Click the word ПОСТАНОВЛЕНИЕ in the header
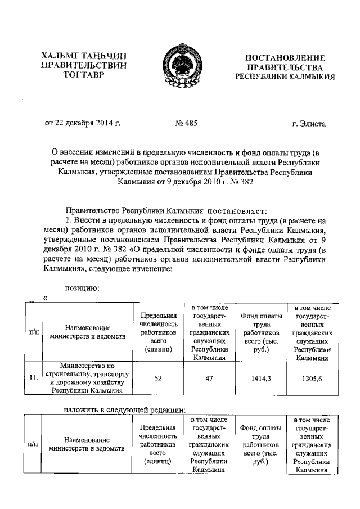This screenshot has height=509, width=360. [x=286, y=57]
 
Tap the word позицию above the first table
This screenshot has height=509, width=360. [x=83, y=289]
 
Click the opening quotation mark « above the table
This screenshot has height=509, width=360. [x=46, y=298]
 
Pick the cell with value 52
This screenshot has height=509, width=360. [x=159, y=379]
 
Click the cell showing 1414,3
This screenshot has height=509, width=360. [x=261, y=379]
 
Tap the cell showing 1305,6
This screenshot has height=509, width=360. [x=312, y=379]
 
